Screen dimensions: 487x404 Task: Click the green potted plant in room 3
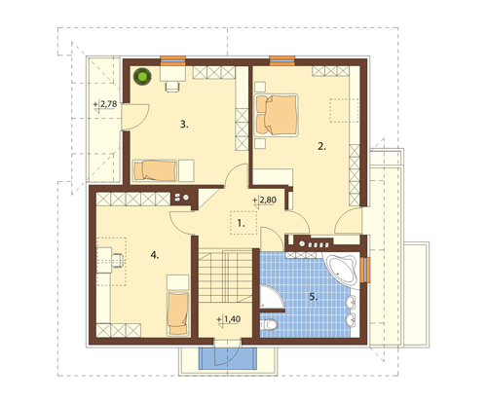click(x=142, y=77)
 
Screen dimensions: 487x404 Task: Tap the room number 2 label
click(x=321, y=146)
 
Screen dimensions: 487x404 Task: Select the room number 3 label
click(x=184, y=125)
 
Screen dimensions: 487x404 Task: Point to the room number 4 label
click(x=155, y=255)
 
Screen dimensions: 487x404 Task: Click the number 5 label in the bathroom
click(x=313, y=297)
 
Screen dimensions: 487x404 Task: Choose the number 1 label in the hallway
click(x=241, y=223)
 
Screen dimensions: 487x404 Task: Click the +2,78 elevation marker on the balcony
click(x=105, y=105)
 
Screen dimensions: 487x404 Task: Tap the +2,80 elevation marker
click(x=264, y=201)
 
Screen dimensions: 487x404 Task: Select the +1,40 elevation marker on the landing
click(x=229, y=319)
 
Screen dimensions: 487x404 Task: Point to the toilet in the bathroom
click(x=269, y=324)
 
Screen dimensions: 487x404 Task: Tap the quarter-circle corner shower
click(x=271, y=297)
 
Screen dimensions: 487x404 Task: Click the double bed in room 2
click(x=276, y=115)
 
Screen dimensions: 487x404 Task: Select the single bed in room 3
click(x=155, y=170)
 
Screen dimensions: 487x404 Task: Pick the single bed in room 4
click(x=177, y=313)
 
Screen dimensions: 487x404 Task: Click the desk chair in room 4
click(x=118, y=260)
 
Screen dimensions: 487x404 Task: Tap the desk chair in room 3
click(x=172, y=87)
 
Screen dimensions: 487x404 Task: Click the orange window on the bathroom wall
click(x=365, y=270)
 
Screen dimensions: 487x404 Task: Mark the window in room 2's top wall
click(x=282, y=60)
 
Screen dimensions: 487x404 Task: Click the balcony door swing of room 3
click(x=135, y=117)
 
